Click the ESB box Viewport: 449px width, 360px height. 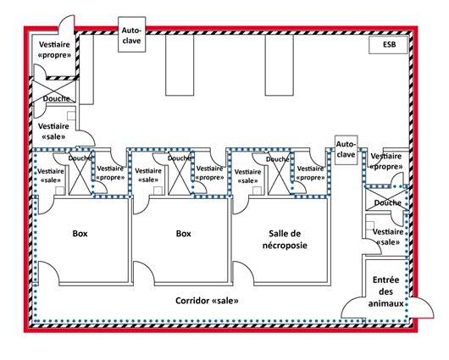[388, 45]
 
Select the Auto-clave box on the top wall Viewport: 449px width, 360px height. [131, 35]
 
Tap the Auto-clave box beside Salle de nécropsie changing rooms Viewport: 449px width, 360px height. [346, 150]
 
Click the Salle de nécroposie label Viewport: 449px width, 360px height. [285, 240]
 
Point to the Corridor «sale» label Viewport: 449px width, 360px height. [207, 301]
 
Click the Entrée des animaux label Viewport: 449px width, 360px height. [385, 291]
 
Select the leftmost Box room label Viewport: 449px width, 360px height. [80, 234]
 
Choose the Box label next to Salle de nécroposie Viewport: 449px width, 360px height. [183, 234]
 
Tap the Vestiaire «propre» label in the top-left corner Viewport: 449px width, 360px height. [54, 49]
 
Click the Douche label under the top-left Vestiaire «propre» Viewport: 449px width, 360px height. [57, 98]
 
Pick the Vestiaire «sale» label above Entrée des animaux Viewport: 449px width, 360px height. [388, 237]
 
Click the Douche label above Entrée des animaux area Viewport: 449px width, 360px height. [388, 202]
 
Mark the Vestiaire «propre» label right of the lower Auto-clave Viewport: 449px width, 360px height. [386, 161]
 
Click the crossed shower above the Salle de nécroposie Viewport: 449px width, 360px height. [280, 174]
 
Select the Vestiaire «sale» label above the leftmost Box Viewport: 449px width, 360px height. [51, 175]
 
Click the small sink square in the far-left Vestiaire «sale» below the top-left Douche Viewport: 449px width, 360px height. [71, 116]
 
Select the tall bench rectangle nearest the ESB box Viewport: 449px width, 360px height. [280, 65]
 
